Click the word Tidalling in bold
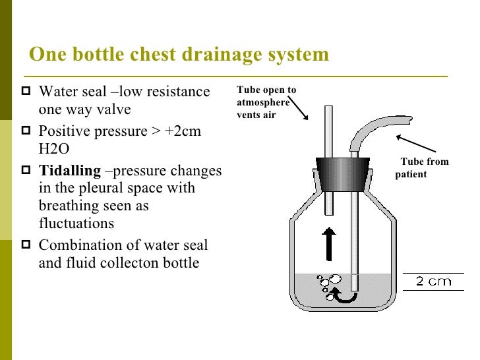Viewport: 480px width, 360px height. [69, 171]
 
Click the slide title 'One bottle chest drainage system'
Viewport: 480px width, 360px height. [179, 54]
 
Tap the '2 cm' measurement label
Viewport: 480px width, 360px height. [433, 282]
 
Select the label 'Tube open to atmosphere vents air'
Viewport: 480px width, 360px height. [266, 102]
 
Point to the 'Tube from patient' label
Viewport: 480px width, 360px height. [423, 168]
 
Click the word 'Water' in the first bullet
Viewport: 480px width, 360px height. [57, 92]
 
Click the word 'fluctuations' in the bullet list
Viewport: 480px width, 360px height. [76, 224]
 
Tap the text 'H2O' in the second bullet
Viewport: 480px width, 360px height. [54, 149]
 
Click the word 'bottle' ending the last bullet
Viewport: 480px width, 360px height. [177, 264]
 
